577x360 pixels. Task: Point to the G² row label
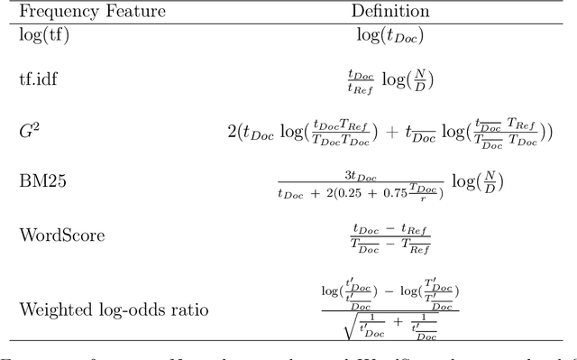[x=29, y=131]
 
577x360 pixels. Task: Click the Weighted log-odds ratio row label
[x=114, y=310]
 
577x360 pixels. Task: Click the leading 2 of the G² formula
[x=232, y=132]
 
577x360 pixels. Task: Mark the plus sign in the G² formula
[x=394, y=132]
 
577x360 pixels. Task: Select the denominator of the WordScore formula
[x=389, y=245]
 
